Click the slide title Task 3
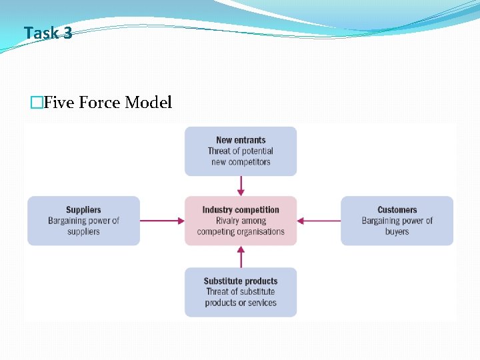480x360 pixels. (x=47, y=32)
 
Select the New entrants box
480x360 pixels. (x=241, y=151)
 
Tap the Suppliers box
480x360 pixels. (x=83, y=221)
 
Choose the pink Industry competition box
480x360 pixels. (x=241, y=221)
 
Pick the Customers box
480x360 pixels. (x=397, y=221)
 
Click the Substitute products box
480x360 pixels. (x=241, y=292)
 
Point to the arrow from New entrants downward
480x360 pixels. (x=241, y=186)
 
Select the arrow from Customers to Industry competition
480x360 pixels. (x=319, y=221)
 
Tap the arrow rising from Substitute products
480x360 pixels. (x=241, y=257)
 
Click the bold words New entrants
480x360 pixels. (x=241, y=140)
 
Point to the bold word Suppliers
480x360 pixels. (x=83, y=210)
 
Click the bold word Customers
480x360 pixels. (x=397, y=210)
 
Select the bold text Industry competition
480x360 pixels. (x=241, y=210)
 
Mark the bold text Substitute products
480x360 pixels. (x=241, y=281)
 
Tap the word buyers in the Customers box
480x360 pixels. (x=397, y=231)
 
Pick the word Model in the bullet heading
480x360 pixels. (x=148, y=102)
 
